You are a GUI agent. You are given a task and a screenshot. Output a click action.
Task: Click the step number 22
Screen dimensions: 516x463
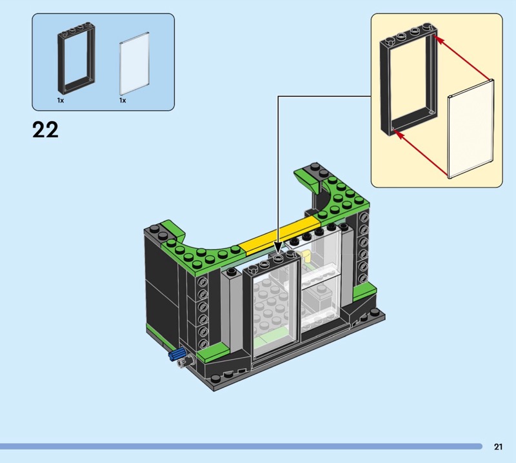point(45,130)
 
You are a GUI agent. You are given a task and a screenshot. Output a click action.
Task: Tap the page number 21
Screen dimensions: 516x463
point(498,446)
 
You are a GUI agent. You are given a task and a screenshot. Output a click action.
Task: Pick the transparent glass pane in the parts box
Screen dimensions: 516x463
point(134,63)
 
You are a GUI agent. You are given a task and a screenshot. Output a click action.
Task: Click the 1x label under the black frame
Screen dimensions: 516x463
point(61,101)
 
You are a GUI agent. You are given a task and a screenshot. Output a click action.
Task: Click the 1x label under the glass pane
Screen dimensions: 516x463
point(123,101)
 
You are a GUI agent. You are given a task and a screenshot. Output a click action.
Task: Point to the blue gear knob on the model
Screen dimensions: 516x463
point(177,355)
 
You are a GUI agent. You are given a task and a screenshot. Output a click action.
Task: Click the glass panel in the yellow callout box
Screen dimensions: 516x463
point(471,129)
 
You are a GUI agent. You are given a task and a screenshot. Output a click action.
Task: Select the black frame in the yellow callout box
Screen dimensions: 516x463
point(385,86)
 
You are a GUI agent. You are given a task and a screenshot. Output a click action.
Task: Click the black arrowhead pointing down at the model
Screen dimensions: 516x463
point(278,248)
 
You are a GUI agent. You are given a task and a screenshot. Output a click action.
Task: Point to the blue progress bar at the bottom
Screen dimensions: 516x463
point(241,446)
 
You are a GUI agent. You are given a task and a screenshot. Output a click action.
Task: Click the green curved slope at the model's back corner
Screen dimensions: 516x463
point(306,181)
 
